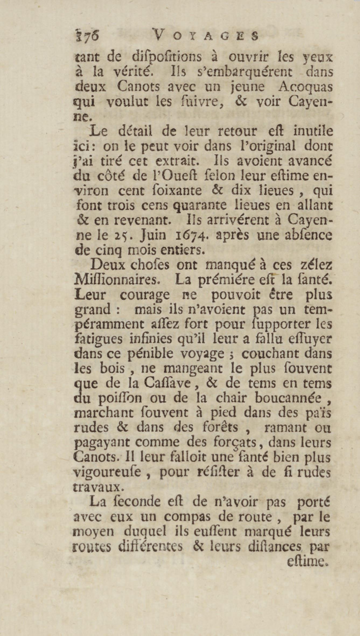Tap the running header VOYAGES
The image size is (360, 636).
pos(205,36)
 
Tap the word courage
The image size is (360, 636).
pos(145,296)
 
